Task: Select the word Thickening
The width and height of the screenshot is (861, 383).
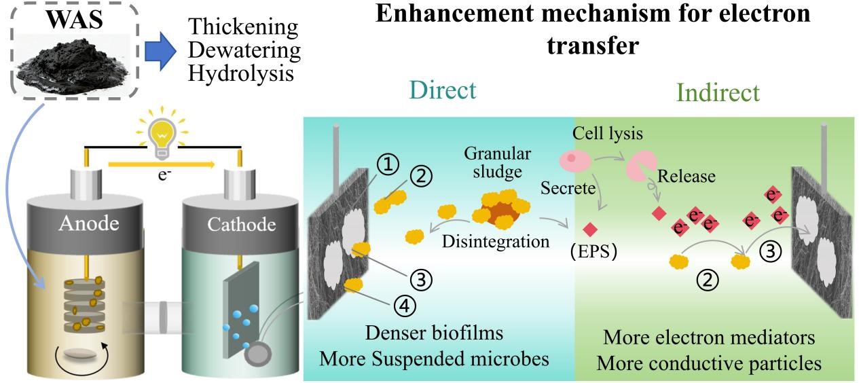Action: coord(242,28)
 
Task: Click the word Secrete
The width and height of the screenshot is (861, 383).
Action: coord(567,187)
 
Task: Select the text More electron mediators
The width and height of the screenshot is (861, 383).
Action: coord(709,338)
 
